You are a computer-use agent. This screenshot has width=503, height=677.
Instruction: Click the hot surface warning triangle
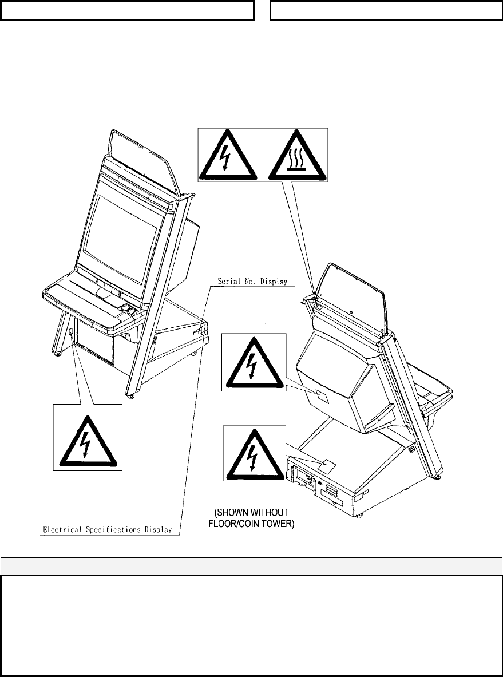295,155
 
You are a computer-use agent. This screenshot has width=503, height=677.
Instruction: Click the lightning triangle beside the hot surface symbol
228,155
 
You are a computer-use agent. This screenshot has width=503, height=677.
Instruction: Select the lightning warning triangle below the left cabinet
88,439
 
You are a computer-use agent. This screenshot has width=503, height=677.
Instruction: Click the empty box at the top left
126,10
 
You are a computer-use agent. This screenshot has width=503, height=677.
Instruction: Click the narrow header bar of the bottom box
251,565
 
